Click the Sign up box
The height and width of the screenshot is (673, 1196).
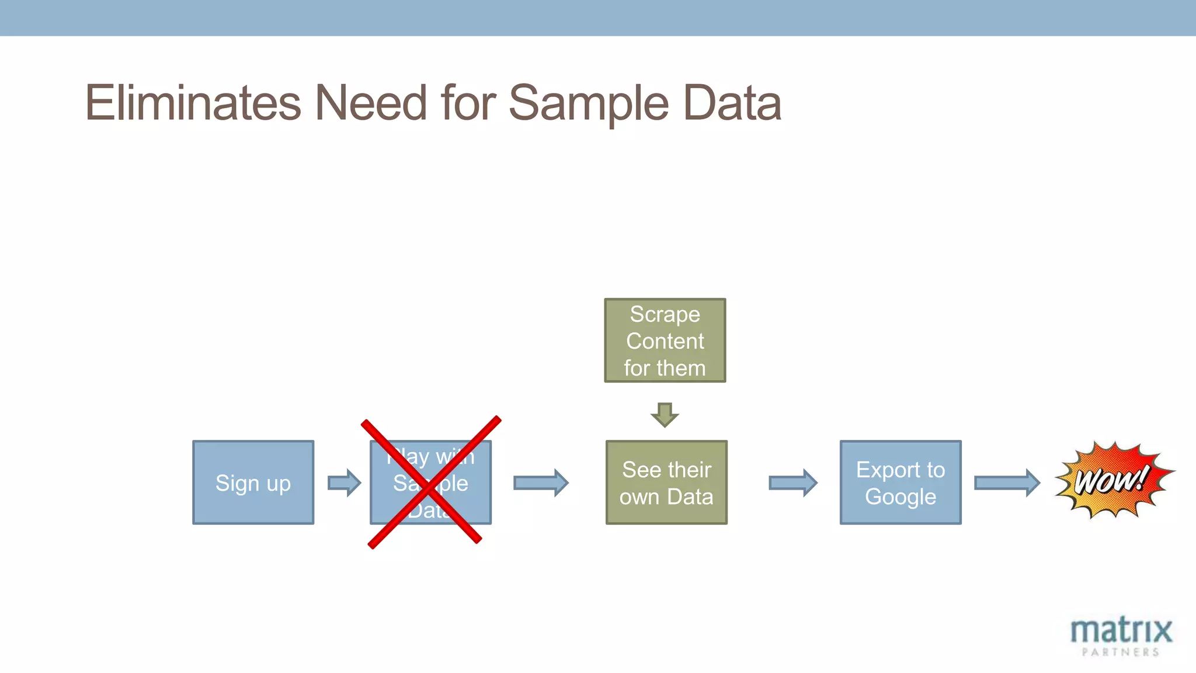(x=253, y=483)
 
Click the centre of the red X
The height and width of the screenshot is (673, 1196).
(x=430, y=483)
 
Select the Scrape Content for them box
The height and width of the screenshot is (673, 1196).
(x=665, y=341)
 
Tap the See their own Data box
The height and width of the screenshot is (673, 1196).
(x=666, y=483)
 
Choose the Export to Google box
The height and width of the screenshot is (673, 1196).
(x=900, y=483)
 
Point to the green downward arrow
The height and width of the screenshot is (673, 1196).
(x=665, y=414)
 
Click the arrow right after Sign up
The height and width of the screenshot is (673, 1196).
(x=345, y=483)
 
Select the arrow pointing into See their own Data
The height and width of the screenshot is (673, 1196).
(x=541, y=483)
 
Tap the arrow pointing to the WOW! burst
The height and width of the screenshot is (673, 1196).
(x=1007, y=483)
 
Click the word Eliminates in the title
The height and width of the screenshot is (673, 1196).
(x=193, y=103)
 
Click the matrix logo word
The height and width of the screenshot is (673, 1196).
(x=1121, y=631)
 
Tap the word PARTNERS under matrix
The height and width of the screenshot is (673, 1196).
(x=1121, y=652)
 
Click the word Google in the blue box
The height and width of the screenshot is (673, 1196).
(x=900, y=497)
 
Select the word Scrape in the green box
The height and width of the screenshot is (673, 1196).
(x=665, y=314)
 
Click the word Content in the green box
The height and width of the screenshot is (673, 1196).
(x=665, y=341)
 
